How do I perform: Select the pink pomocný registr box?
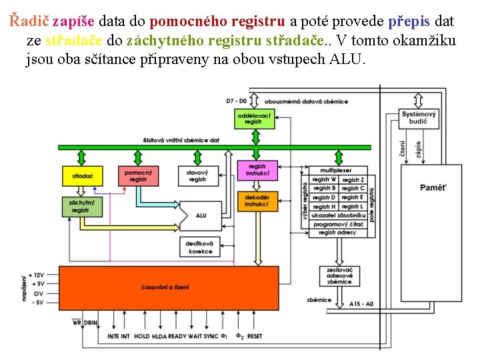[x=138, y=176]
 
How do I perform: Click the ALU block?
[x=200, y=215]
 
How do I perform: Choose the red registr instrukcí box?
[x=257, y=170]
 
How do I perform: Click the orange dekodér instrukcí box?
[x=257, y=201]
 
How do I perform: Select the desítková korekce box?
[x=200, y=247]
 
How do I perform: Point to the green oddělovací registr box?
[x=254, y=119]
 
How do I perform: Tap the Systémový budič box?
[x=419, y=118]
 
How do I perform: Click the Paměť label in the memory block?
[x=433, y=187]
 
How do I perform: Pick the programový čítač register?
[x=339, y=225]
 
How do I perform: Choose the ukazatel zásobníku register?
[x=339, y=215]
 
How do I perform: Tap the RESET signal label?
[x=255, y=337]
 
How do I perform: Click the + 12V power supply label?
[x=36, y=275]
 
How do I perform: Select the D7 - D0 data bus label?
[x=236, y=101]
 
